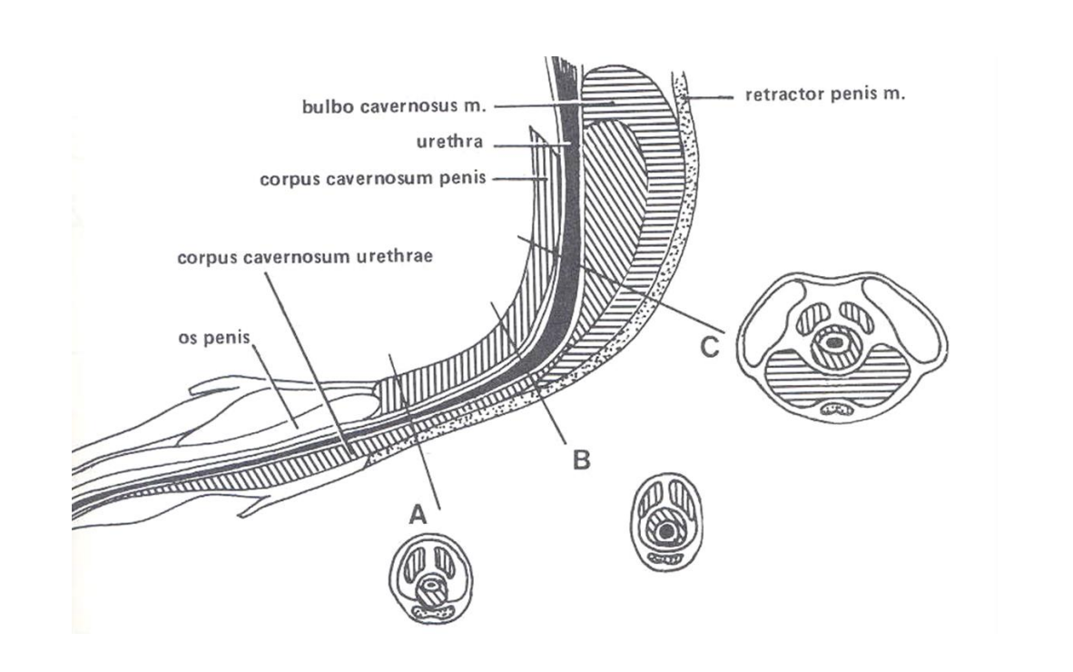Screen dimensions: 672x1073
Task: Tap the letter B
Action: (x=581, y=460)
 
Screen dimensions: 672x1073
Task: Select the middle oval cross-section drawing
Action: (x=667, y=523)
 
